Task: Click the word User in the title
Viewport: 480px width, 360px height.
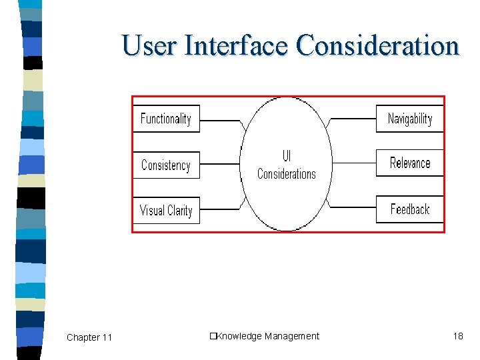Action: tap(150, 46)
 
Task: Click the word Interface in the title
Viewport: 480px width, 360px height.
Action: tap(237, 46)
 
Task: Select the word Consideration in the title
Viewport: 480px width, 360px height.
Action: tap(378, 46)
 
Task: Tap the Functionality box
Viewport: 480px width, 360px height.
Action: tap(166, 119)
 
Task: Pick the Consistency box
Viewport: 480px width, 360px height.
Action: tap(166, 165)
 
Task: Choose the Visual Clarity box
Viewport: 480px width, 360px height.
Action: tap(166, 211)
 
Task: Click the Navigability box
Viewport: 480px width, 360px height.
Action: tap(410, 119)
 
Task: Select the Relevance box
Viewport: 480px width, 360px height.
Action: tap(410, 163)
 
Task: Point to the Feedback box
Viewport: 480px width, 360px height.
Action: tap(410, 209)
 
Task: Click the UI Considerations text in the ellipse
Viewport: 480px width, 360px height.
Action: tap(287, 165)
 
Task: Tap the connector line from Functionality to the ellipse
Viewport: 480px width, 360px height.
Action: tap(220, 121)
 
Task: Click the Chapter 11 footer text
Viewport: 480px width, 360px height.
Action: tap(89, 337)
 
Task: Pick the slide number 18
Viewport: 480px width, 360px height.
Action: tap(458, 336)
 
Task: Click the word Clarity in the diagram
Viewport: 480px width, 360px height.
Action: tap(179, 211)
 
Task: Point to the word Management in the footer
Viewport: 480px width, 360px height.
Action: tap(292, 336)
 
